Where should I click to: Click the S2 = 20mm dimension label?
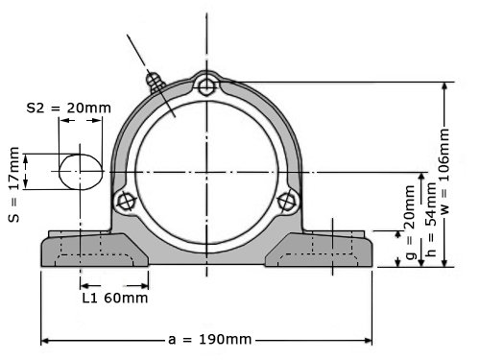point(69,108)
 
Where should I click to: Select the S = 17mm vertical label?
point(14,184)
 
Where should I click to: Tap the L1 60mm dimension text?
point(115,298)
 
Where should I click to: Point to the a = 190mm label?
point(210,339)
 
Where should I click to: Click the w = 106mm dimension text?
point(444,171)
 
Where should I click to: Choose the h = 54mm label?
point(431,220)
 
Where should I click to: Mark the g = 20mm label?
point(410,222)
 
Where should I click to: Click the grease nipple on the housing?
point(155,82)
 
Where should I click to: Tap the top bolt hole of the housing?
point(206,86)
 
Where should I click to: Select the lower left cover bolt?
point(126,202)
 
